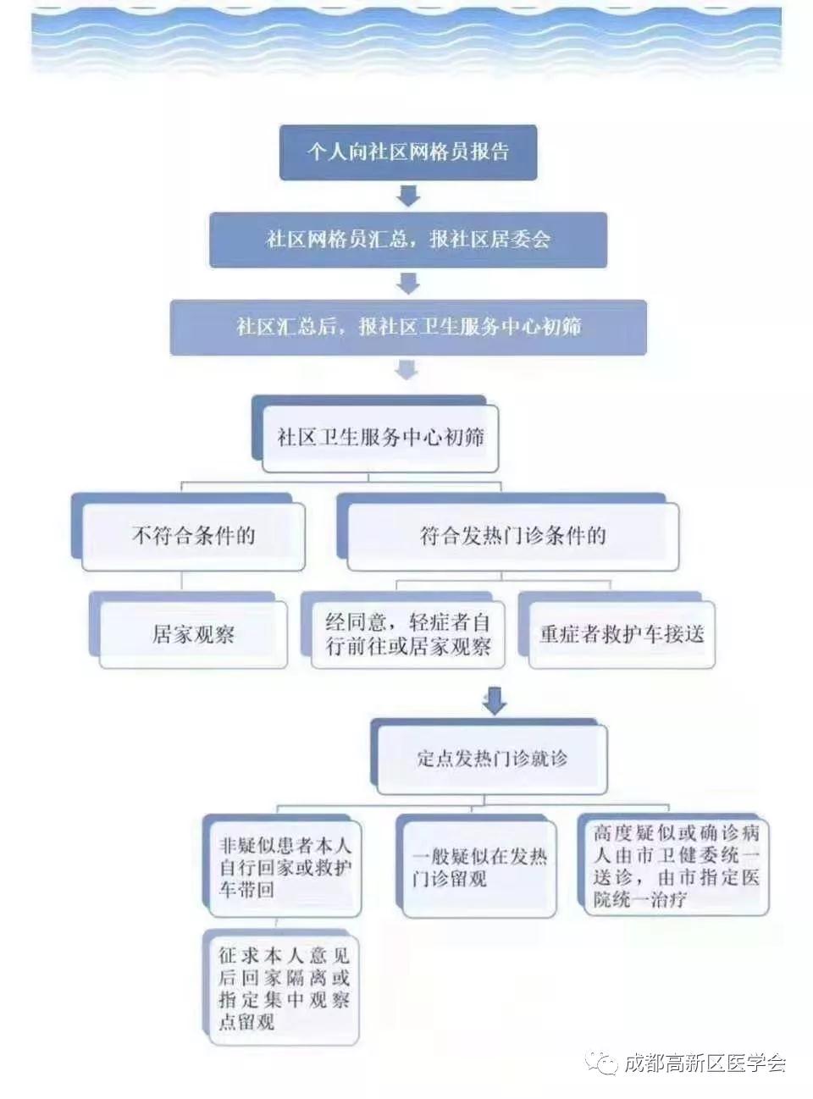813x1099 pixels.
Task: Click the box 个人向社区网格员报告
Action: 408,152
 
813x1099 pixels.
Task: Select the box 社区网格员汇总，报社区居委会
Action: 408,240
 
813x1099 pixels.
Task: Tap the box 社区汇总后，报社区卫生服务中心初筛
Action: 408,327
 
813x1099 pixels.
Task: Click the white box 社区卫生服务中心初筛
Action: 379,438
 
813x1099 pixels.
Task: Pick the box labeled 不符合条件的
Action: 193,537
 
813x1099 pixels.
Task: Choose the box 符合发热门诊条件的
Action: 513,537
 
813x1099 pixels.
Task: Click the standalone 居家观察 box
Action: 193,635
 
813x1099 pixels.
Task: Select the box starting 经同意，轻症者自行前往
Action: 408,635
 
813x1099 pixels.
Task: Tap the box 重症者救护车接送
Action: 622,635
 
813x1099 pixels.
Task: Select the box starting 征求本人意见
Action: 284,989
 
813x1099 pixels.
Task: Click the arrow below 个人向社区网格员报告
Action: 408,196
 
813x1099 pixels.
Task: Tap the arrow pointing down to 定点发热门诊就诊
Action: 495,700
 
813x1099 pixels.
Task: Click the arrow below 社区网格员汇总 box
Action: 408,284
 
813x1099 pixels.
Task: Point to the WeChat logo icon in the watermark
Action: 601,1063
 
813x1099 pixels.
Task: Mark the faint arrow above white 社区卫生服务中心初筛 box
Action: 407,371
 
